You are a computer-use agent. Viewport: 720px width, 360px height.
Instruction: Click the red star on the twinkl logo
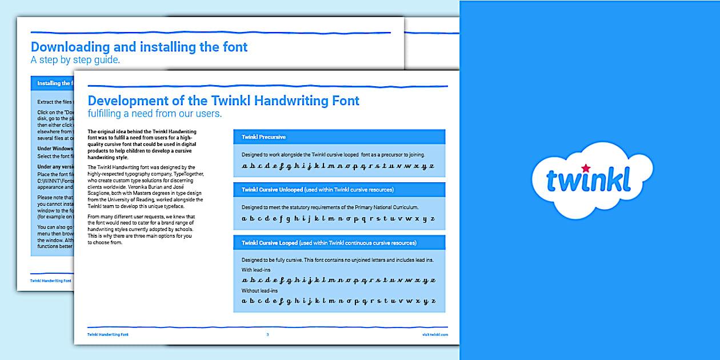586,168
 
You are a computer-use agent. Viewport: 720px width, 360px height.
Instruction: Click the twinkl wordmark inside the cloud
588,180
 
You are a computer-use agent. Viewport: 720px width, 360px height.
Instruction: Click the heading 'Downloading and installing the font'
139,47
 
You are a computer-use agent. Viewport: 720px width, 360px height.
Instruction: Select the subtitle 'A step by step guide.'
75,60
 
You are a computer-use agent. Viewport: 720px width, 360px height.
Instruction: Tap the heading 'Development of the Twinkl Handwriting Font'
223,101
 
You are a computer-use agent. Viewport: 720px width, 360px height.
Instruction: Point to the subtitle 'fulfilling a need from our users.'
154,114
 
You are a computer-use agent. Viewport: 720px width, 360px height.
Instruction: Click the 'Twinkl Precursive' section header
263,137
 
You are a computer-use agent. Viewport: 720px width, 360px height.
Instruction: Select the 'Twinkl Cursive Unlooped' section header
317,190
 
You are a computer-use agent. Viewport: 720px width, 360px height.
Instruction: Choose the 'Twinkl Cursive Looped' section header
329,243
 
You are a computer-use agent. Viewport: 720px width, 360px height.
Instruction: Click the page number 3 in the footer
267,334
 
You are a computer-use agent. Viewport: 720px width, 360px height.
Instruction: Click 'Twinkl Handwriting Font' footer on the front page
107,334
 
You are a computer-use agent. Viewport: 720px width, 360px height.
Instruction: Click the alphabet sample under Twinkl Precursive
338,166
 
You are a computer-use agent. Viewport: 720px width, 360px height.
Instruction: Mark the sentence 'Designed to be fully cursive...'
337,260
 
